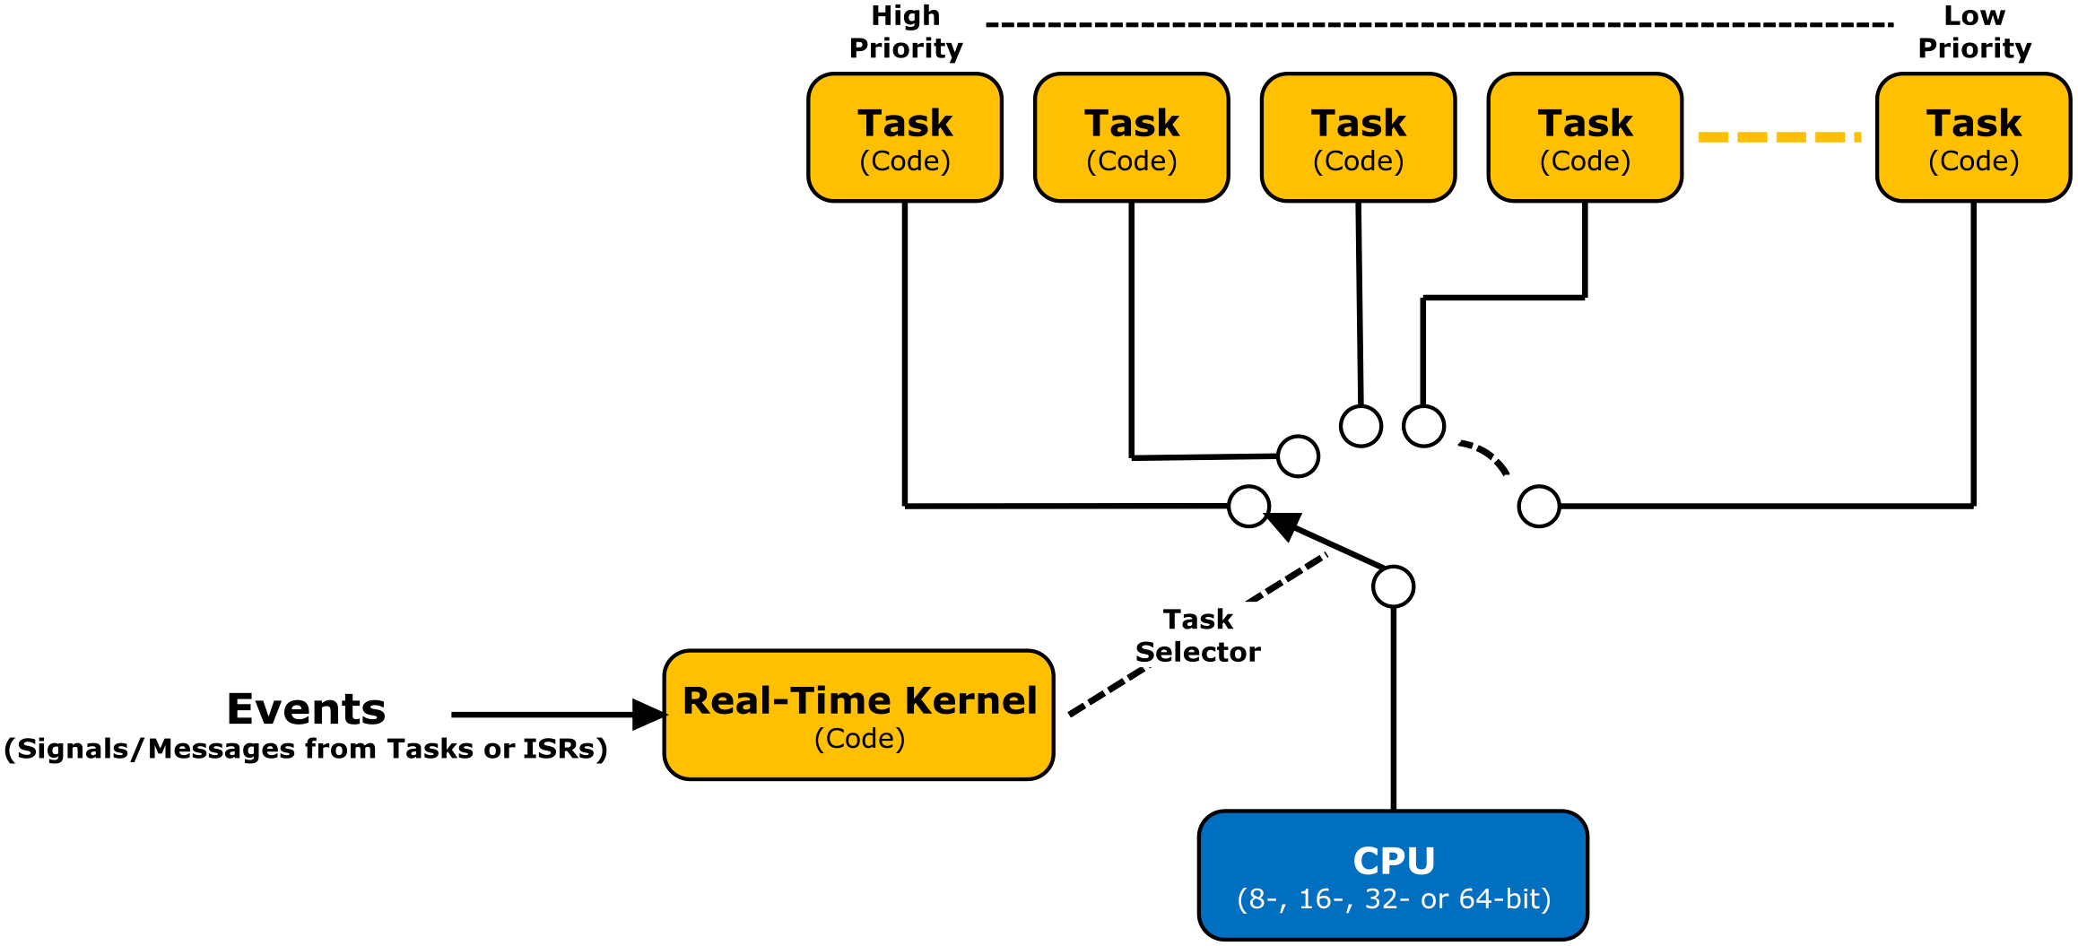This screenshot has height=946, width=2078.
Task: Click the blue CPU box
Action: click(1393, 875)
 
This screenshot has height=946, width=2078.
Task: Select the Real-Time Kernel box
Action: click(858, 715)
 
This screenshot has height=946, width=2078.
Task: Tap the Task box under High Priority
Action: click(904, 137)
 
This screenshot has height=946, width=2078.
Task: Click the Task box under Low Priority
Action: click(1973, 137)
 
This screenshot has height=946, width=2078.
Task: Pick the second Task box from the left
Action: click(1131, 137)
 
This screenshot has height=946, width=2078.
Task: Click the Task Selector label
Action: click(1197, 635)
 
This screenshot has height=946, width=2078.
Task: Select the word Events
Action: click(306, 709)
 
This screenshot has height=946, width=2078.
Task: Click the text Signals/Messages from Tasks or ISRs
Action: click(306, 749)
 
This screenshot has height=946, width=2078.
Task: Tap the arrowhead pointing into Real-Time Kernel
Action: click(648, 715)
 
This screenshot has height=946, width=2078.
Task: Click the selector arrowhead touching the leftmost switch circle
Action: click(1282, 525)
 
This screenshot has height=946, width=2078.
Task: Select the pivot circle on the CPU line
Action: click(1393, 586)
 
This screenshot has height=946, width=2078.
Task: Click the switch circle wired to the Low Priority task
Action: click(1539, 506)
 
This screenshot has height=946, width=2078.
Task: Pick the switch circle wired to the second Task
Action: click(1298, 456)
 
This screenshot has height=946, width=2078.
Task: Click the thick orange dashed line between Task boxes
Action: click(1778, 137)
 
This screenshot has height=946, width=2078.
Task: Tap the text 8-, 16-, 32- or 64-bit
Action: click(1393, 898)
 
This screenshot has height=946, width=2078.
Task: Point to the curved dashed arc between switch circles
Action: click(1489, 456)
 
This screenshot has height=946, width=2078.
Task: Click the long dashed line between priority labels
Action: click(1435, 24)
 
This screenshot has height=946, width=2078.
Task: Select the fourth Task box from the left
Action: click(1585, 137)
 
